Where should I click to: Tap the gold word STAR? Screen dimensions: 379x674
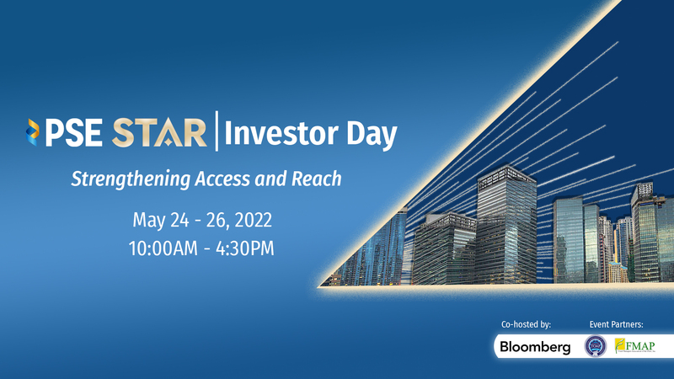point(160,133)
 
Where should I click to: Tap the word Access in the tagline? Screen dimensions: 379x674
point(226,179)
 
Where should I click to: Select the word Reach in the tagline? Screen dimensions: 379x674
point(318,179)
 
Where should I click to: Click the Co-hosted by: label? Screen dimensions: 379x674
point(525,324)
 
